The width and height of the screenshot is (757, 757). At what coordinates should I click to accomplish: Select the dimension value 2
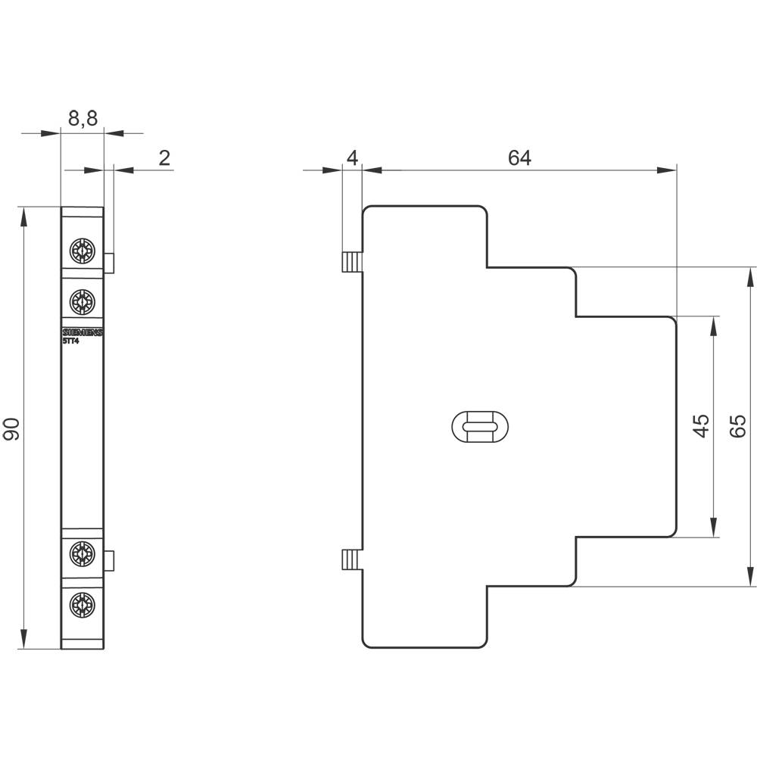pos(164,157)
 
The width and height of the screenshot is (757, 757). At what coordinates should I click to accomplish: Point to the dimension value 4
pos(351,157)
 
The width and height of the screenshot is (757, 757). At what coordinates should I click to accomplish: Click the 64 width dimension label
pos(519,157)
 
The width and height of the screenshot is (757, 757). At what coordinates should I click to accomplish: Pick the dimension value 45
pos(701,426)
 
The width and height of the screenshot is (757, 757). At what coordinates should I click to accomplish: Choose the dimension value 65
pos(738,426)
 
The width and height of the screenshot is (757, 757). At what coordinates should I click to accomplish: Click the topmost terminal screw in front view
pos(81,250)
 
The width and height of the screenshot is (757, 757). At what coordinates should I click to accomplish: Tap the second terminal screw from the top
pos(81,302)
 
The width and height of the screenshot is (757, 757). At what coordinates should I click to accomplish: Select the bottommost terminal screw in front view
pos(81,605)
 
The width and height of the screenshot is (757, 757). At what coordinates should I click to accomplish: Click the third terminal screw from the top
pos(81,553)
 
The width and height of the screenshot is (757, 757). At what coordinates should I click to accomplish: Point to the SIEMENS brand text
pos(82,333)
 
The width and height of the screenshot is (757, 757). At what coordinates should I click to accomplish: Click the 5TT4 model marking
pos(72,341)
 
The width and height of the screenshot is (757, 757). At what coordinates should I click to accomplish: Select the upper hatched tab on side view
pos(352,262)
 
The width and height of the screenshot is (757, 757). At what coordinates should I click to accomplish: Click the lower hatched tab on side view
pos(352,560)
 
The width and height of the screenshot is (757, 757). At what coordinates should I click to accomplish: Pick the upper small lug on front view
pos(109,263)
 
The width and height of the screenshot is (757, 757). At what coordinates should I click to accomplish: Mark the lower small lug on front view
pos(109,561)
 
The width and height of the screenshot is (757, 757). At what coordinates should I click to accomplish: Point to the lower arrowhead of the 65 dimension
pos(751,577)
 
